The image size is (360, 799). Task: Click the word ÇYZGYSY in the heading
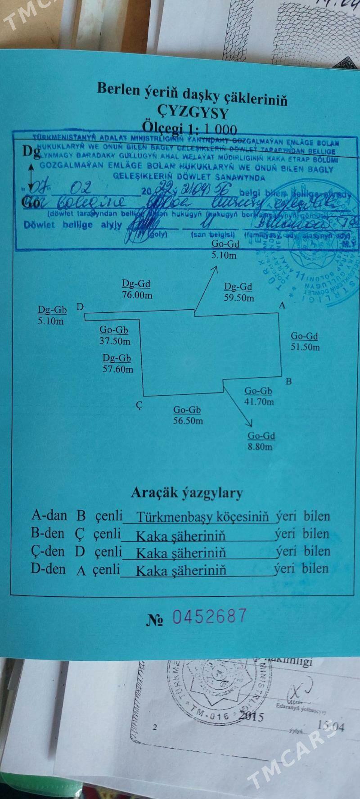[x=192, y=112]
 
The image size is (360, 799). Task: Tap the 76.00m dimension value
[x=137, y=295]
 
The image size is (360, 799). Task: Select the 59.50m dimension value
[x=239, y=298]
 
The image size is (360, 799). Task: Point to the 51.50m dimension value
[x=305, y=347]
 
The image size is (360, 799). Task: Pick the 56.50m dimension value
[x=188, y=421]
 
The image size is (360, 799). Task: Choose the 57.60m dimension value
[x=118, y=370]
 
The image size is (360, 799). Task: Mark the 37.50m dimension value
[x=115, y=341]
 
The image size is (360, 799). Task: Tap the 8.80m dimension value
[x=261, y=447]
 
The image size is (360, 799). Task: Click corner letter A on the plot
[x=283, y=305]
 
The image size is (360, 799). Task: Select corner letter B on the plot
[x=289, y=382]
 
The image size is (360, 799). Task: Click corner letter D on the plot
[x=80, y=307]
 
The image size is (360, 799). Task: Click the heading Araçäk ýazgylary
[x=186, y=493]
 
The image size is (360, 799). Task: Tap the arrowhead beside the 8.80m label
[x=249, y=422]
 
